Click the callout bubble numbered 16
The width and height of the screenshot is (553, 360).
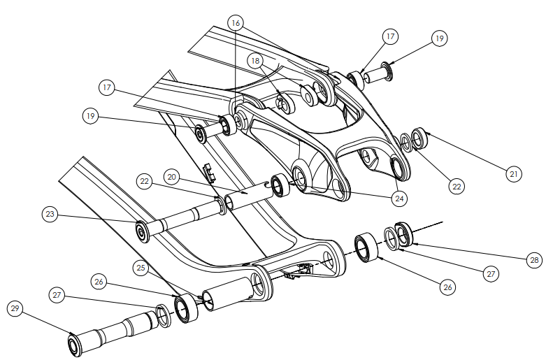(236, 23)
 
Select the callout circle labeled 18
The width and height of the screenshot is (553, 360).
(255, 61)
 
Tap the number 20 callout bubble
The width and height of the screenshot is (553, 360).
(173, 177)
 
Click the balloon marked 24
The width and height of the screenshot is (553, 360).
(399, 199)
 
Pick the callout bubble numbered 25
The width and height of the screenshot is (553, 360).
(141, 267)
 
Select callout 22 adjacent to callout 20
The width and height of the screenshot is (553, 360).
(145, 182)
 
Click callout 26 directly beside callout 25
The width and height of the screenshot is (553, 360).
(99, 282)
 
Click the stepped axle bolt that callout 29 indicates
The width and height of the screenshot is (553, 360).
(112, 331)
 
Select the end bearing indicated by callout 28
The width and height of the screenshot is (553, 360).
(405, 233)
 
